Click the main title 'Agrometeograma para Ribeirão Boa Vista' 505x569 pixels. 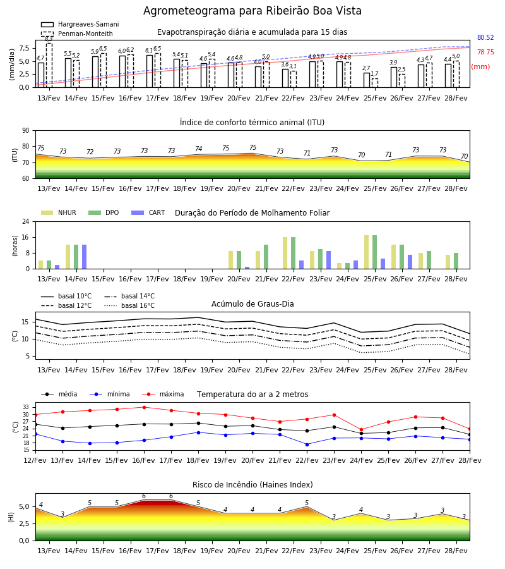(252, 11)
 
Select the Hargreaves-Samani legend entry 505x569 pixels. (80, 24)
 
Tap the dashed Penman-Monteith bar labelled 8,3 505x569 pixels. (49, 65)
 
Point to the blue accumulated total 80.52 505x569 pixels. (485, 37)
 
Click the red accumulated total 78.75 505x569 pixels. (485, 52)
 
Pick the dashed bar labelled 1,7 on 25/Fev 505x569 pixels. (374, 83)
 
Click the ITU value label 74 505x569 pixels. (198, 149)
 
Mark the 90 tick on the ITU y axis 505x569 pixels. (26, 131)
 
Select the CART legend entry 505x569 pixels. (148, 212)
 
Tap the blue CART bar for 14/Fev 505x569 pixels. (85, 257)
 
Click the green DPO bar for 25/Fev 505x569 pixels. (374, 252)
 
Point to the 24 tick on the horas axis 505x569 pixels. (26, 221)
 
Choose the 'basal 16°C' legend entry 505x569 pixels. (129, 305)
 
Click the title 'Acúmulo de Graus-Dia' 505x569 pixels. (252, 303)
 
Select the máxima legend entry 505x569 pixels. (163, 394)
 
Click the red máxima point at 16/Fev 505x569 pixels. (144, 407)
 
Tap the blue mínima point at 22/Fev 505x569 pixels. (307, 444)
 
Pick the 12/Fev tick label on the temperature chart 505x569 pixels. (35, 460)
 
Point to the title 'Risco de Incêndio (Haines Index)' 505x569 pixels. (252, 485)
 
